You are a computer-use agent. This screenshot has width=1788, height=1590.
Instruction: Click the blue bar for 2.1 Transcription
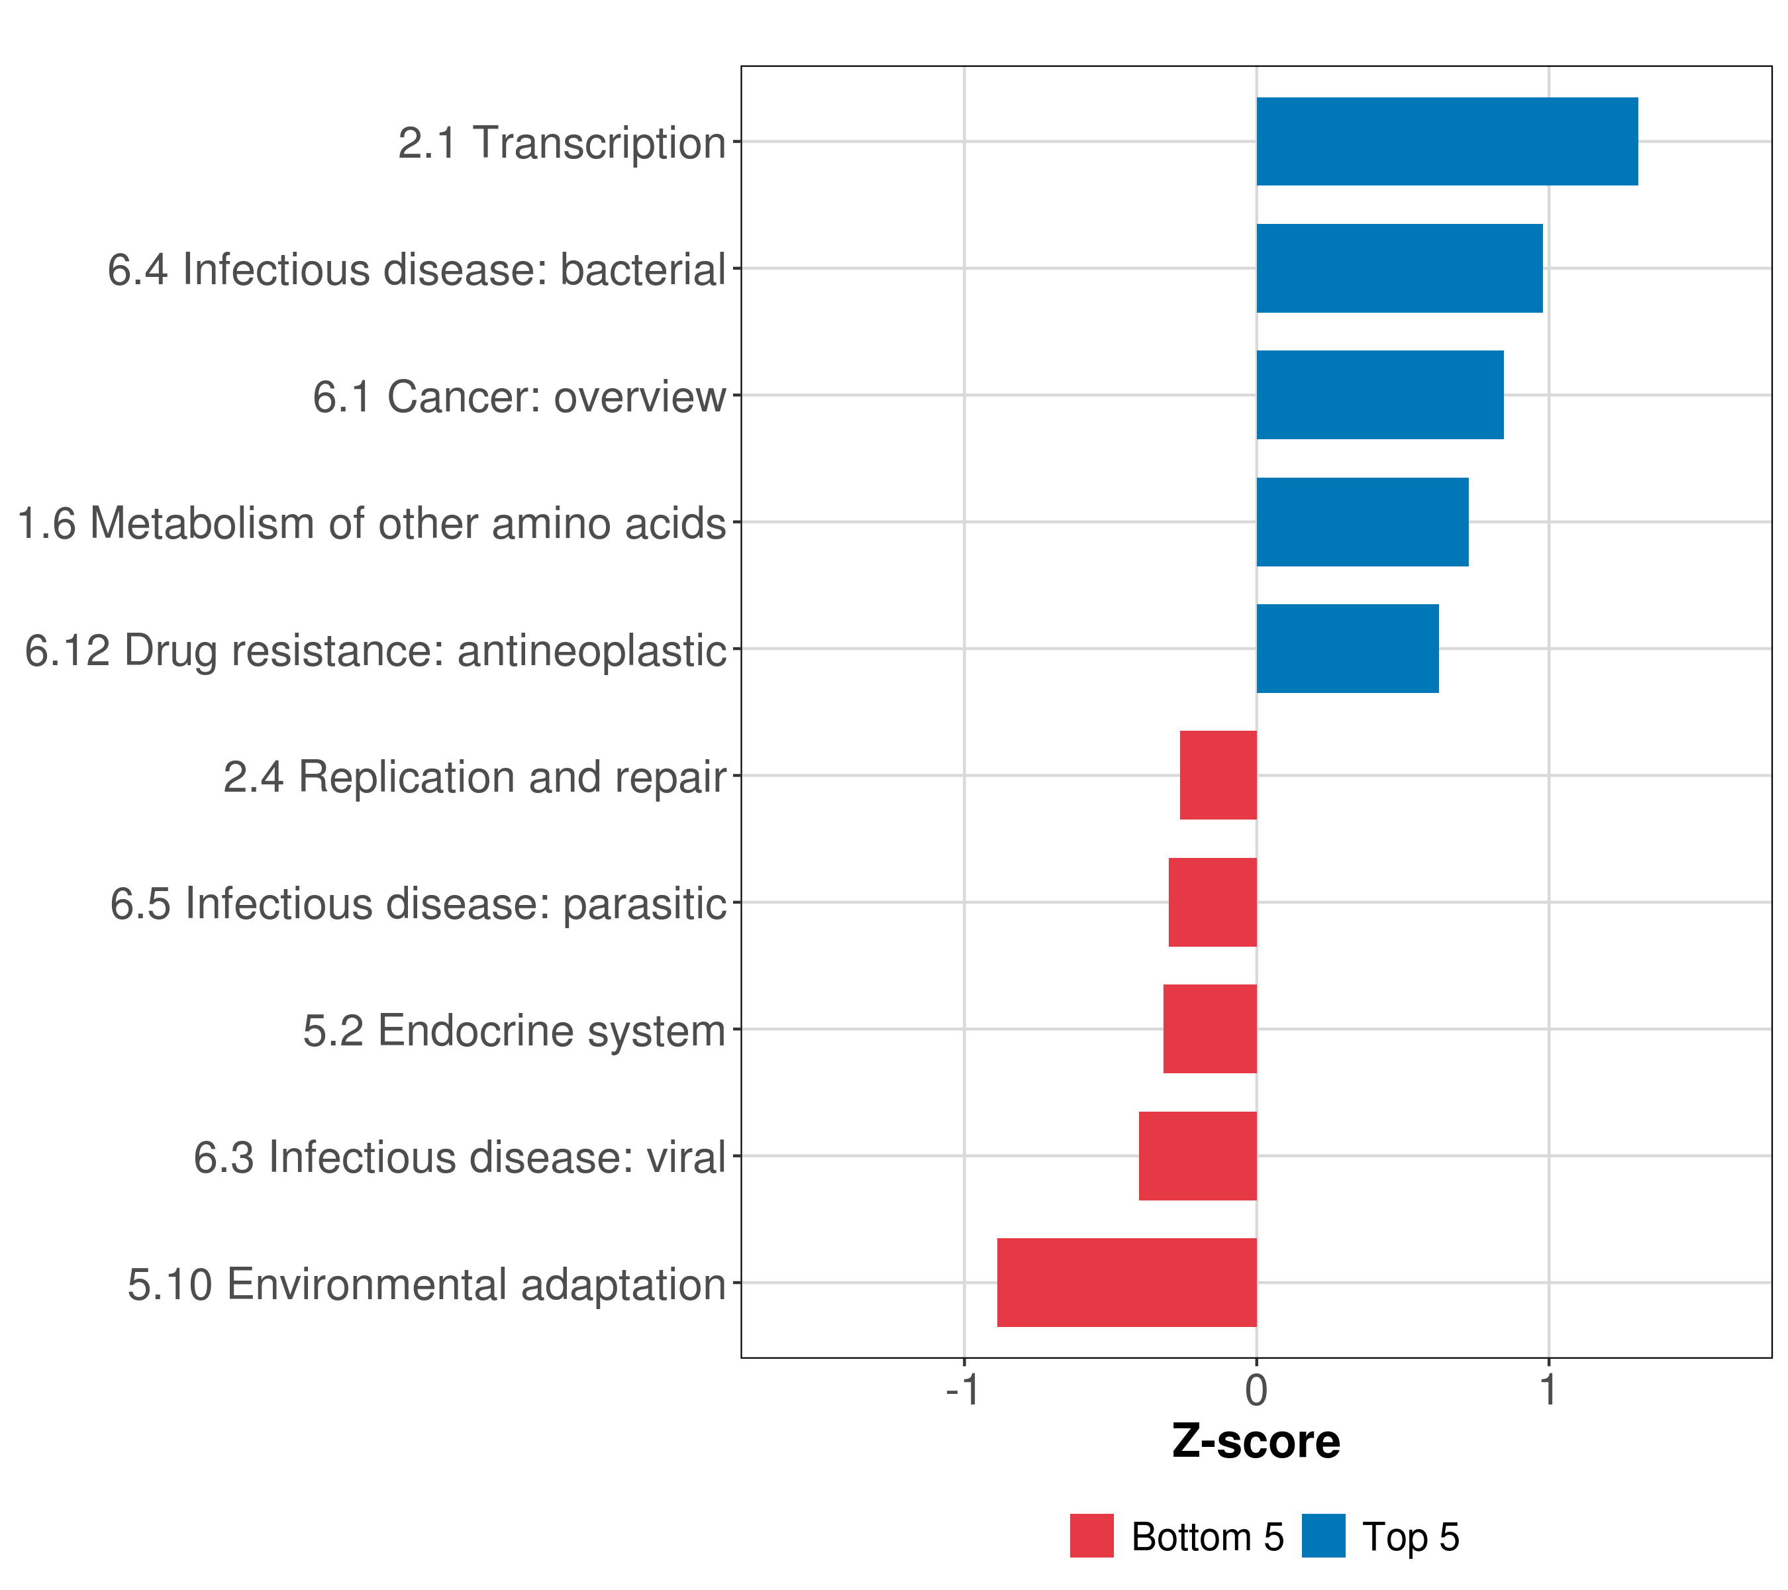[1447, 141]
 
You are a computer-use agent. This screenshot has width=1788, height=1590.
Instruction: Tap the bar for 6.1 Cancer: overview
[1380, 395]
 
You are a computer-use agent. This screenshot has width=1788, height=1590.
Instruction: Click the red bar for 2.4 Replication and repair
[1218, 775]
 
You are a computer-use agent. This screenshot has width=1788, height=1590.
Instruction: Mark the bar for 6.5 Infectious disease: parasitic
[1213, 902]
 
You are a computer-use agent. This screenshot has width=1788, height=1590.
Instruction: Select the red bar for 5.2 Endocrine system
[1211, 1029]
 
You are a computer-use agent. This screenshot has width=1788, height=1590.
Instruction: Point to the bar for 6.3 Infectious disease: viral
[1199, 1156]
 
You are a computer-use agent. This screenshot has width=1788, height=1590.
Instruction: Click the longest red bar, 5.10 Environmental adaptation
[1128, 1283]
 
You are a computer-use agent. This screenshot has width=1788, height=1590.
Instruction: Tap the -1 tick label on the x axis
[962, 1391]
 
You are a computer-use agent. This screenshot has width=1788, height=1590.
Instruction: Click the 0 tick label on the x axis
[1257, 1391]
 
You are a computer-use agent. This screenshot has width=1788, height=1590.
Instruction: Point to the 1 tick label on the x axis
[1549, 1391]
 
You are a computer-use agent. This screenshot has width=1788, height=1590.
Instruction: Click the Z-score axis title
[1256, 1443]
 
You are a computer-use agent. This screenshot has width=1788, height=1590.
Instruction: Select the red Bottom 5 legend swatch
[1092, 1536]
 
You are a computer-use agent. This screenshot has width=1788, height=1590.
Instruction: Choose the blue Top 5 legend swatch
[1324, 1536]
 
